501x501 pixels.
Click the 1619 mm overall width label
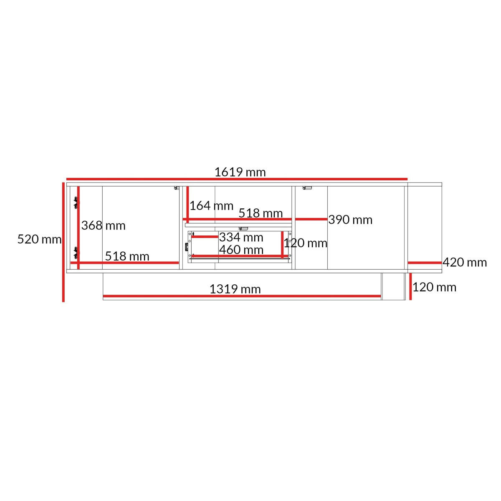coord(240,172)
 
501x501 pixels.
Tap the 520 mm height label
coord(40,239)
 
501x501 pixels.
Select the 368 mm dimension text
coord(104,225)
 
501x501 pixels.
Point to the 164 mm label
coord(211,206)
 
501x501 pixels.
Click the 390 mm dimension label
coord(350,220)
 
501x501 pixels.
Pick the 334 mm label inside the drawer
coord(241,237)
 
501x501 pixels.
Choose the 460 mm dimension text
coord(241,250)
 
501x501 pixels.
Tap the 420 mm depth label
coord(465,262)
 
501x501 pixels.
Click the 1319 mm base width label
coord(235,289)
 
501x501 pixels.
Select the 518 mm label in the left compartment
coord(127,256)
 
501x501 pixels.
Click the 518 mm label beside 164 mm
coord(261,213)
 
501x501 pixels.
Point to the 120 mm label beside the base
coord(435,287)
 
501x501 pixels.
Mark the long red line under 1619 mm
coord(237,179)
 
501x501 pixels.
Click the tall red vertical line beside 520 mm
coord(63,242)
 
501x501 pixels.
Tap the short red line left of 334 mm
coord(205,237)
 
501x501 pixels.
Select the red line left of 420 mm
coord(425,263)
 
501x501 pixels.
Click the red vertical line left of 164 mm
coord(187,204)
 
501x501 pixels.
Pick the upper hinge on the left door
coord(76,203)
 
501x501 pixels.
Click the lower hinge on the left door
coord(76,253)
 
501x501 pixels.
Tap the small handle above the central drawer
coord(243,229)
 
